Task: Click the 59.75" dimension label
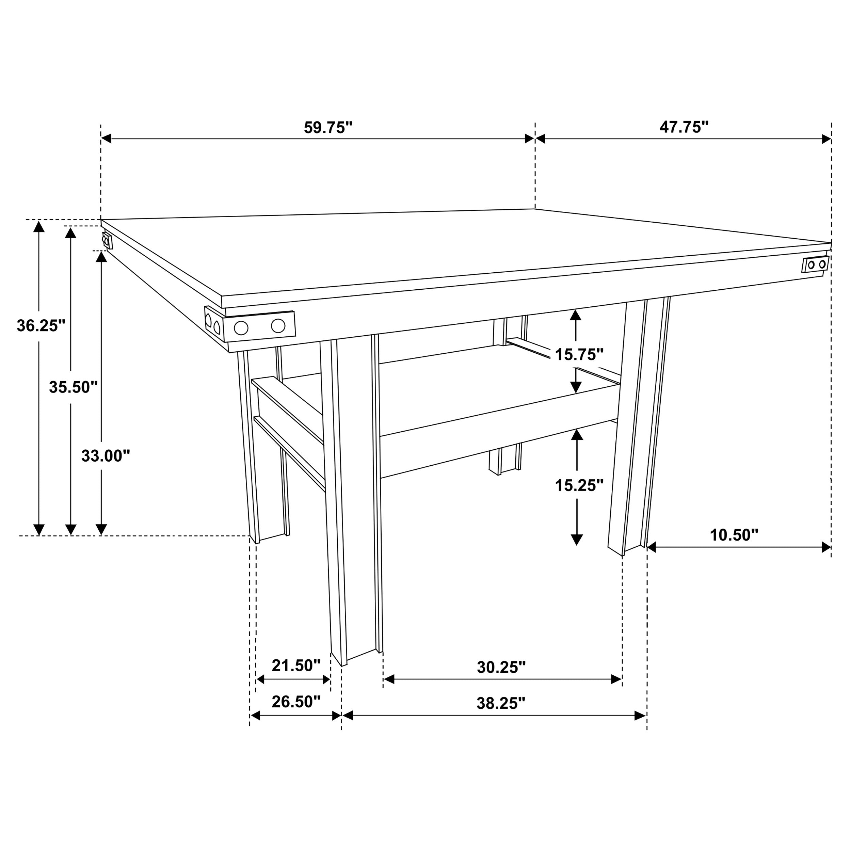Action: [328, 128]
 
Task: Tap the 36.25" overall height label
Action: [41, 326]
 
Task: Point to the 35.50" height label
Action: [73, 387]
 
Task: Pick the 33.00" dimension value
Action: [106, 456]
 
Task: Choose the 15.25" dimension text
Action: [579, 485]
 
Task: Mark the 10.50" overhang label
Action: [734, 535]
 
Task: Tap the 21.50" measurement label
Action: [296, 665]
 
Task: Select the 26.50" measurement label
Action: [296, 702]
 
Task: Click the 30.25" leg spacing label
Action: [501, 667]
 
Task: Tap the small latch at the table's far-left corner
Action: [107, 241]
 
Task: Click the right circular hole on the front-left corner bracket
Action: [278, 326]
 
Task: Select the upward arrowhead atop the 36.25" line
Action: [39, 226]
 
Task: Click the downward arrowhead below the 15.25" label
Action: [577, 540]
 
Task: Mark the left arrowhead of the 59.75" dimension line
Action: [106, 139]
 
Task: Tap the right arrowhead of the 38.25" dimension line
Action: [640, 716]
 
